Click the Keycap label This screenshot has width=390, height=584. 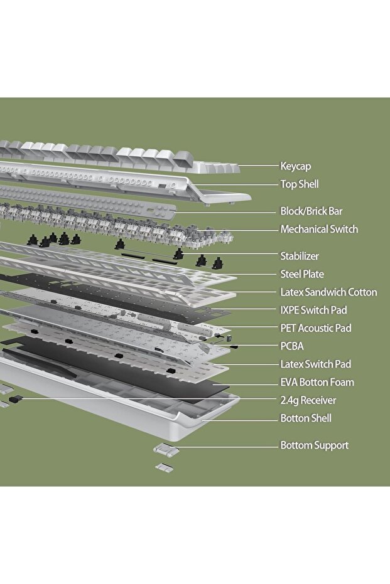(295, 166)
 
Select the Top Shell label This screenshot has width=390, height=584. (299, 184)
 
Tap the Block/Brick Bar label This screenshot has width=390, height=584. (311, 211)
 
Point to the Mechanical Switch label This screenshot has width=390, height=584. (319, 229)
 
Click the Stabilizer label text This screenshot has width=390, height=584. (299, 256)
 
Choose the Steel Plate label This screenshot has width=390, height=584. (302, 274)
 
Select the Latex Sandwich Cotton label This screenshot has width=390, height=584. (328, 292)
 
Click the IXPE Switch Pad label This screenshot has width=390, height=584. (313, 310)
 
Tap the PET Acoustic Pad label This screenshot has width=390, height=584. (315, 328)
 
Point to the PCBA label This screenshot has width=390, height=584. (292, 346)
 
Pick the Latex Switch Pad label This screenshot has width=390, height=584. (315, 364)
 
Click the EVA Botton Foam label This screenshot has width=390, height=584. (317, 382)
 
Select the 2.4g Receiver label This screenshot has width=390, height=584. (308, 400)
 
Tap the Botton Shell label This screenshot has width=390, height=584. (305, 418)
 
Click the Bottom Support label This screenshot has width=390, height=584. (314, 445)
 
